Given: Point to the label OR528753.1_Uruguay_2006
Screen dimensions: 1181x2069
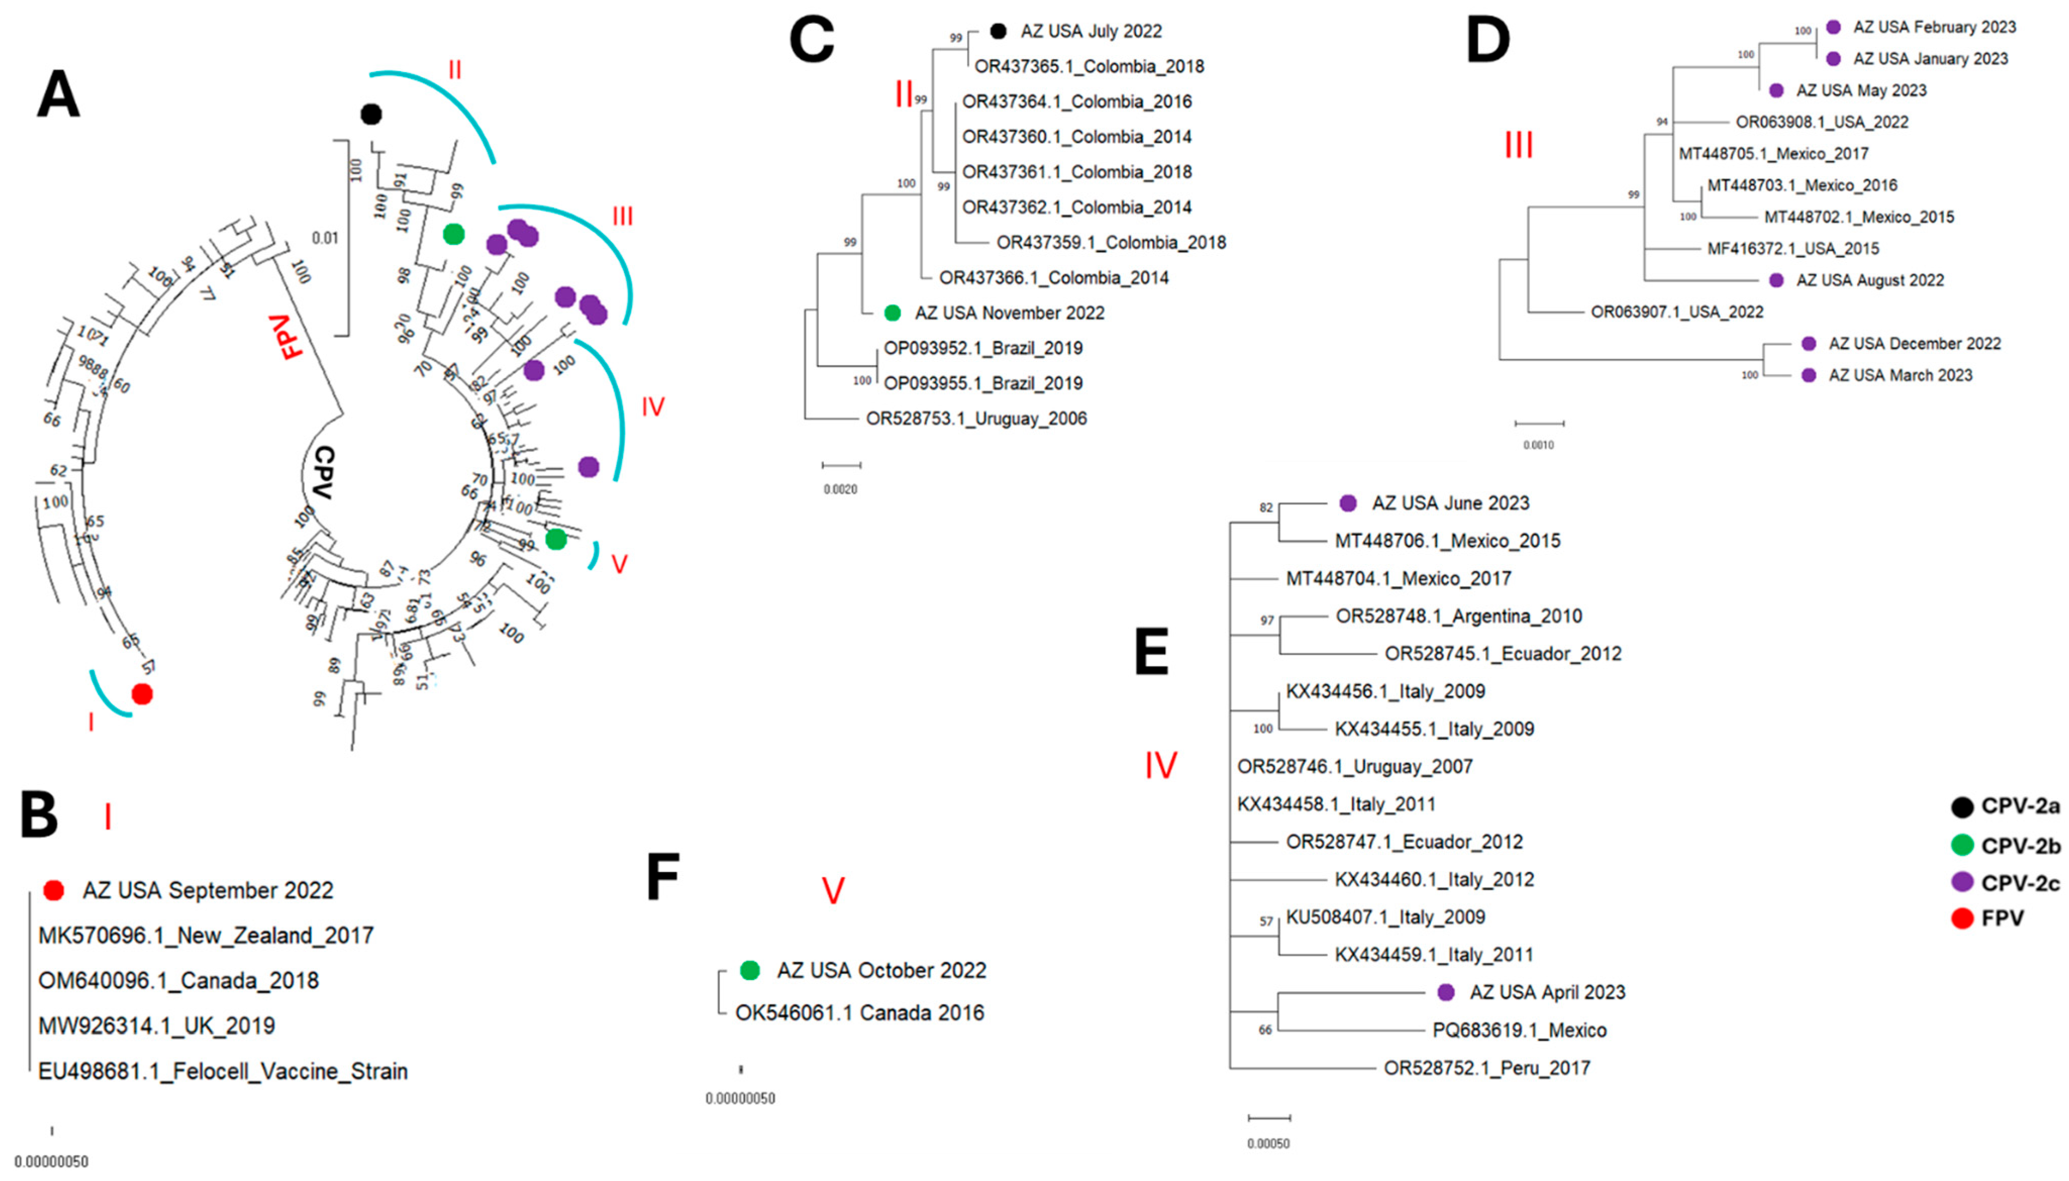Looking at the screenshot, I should (976, 419).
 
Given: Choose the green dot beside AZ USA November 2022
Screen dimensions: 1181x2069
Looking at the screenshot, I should (892, 313).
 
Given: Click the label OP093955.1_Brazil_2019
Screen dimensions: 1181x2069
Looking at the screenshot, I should (983, 383).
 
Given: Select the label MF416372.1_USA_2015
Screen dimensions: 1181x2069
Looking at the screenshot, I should (1793, 249).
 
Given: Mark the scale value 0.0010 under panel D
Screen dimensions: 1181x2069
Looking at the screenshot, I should (1538, 444).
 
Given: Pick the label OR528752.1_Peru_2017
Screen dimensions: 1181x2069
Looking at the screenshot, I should (1487, 1068).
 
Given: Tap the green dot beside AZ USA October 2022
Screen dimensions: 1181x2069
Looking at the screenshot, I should (750, 970).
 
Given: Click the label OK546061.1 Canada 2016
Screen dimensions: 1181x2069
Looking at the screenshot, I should (860, 1013).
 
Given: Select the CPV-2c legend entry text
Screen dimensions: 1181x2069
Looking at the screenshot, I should (2021, 883).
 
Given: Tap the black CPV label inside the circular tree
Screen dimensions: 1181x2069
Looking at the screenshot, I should (323, 473).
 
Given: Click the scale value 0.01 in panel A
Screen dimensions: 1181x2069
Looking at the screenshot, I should (325, 238).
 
